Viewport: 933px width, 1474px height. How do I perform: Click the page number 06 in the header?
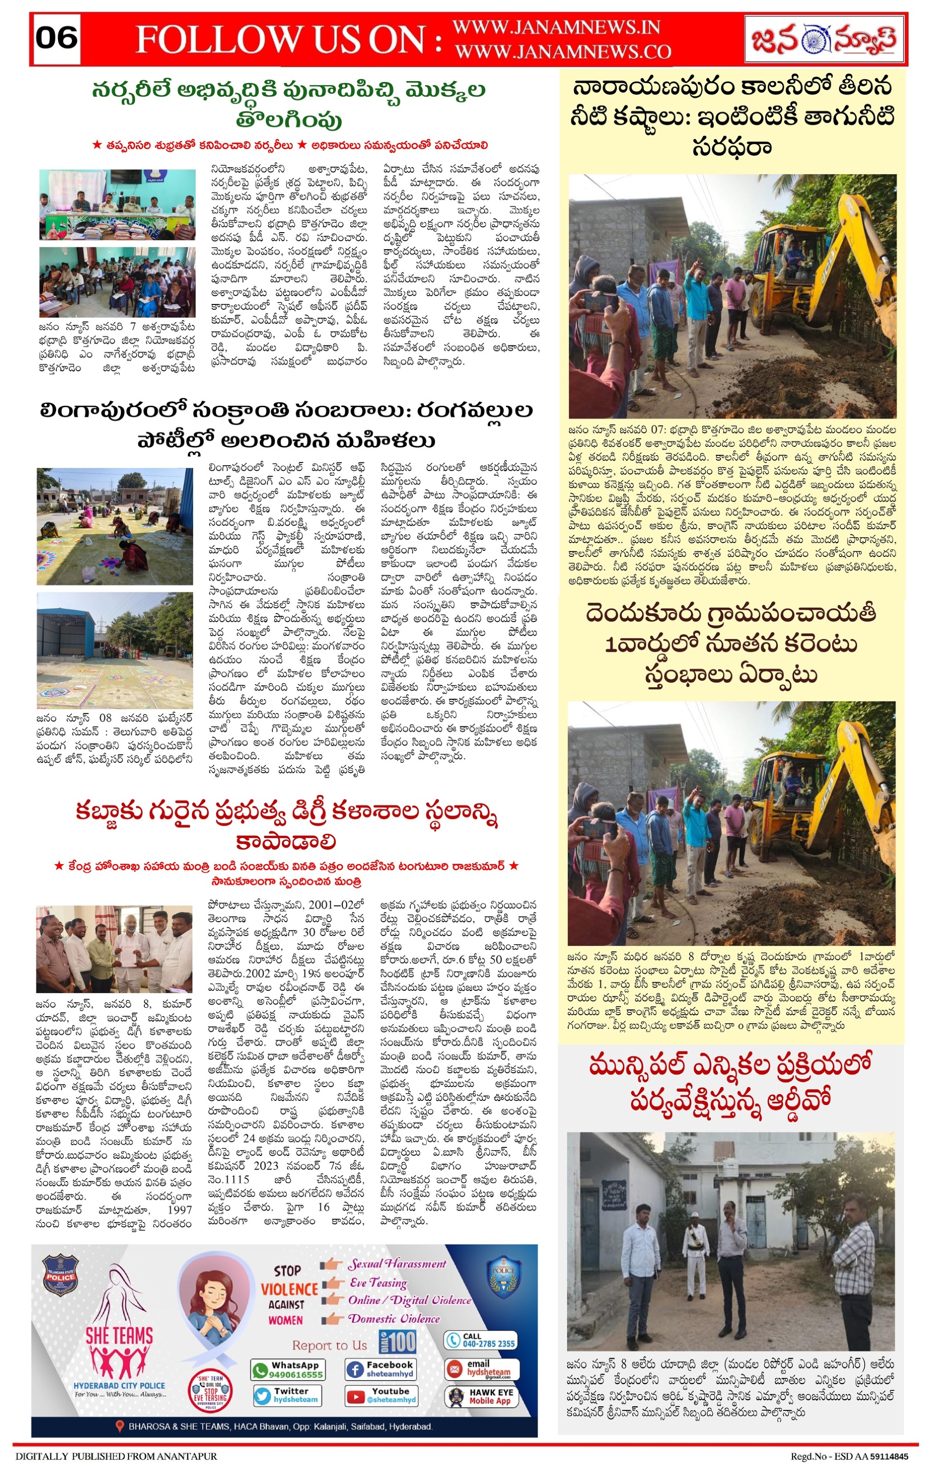tap(56, 38)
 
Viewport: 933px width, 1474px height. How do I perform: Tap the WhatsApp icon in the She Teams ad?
tap(260, 1370)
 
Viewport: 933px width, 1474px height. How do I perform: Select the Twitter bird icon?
tap(263, 1395)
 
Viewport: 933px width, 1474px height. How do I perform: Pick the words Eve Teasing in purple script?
tap(378, 1282)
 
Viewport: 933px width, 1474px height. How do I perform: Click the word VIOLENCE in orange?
tap(289, 1290)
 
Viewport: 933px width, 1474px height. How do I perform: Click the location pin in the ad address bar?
tap(120, 1426)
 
